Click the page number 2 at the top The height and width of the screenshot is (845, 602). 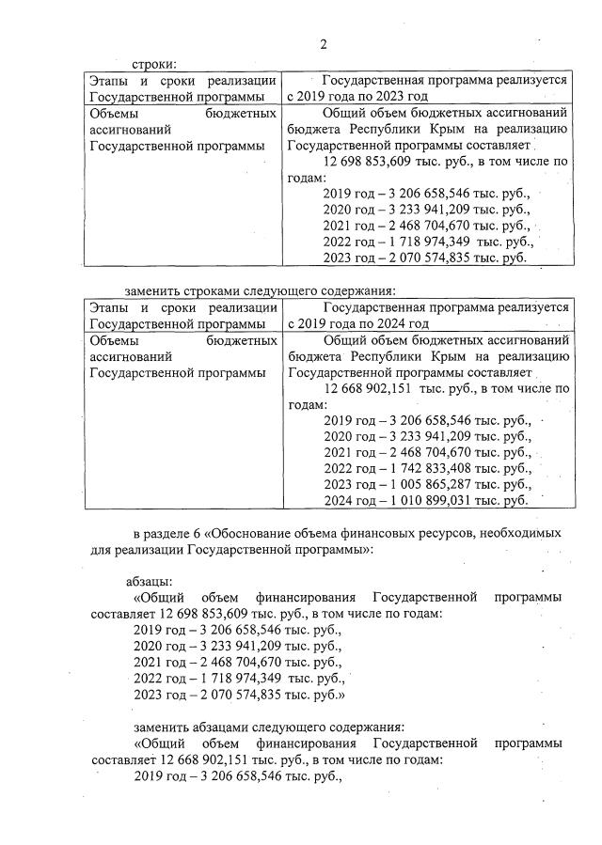click(x=323, y=43)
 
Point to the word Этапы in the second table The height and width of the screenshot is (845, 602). click(x=109, y=307)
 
